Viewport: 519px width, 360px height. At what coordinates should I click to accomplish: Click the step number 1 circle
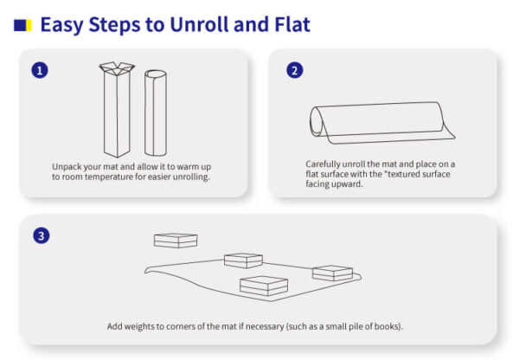(x=39, y=70)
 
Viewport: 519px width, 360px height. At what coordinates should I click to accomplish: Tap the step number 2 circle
(x=295, y=70)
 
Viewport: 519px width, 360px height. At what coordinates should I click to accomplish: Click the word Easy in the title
(x=66, y=24)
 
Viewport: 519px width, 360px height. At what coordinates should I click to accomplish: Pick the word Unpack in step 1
(x=68, y=165)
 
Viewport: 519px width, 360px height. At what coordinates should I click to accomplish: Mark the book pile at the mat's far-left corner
(x=176, y=240)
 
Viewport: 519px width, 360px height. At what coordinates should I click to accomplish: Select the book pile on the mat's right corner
(x=332, y=273)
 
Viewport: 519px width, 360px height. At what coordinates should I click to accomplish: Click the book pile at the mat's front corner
(x=264, y=286)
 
